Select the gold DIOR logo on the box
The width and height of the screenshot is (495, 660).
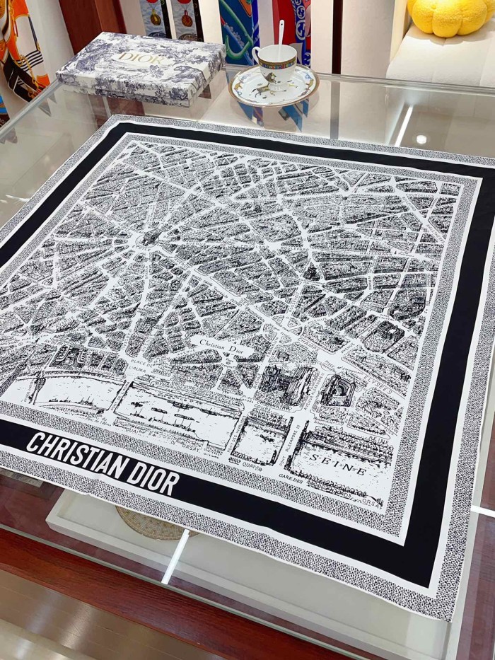click(x=141, y=57)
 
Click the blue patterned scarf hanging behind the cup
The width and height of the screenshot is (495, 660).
click(x=241, y=28)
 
